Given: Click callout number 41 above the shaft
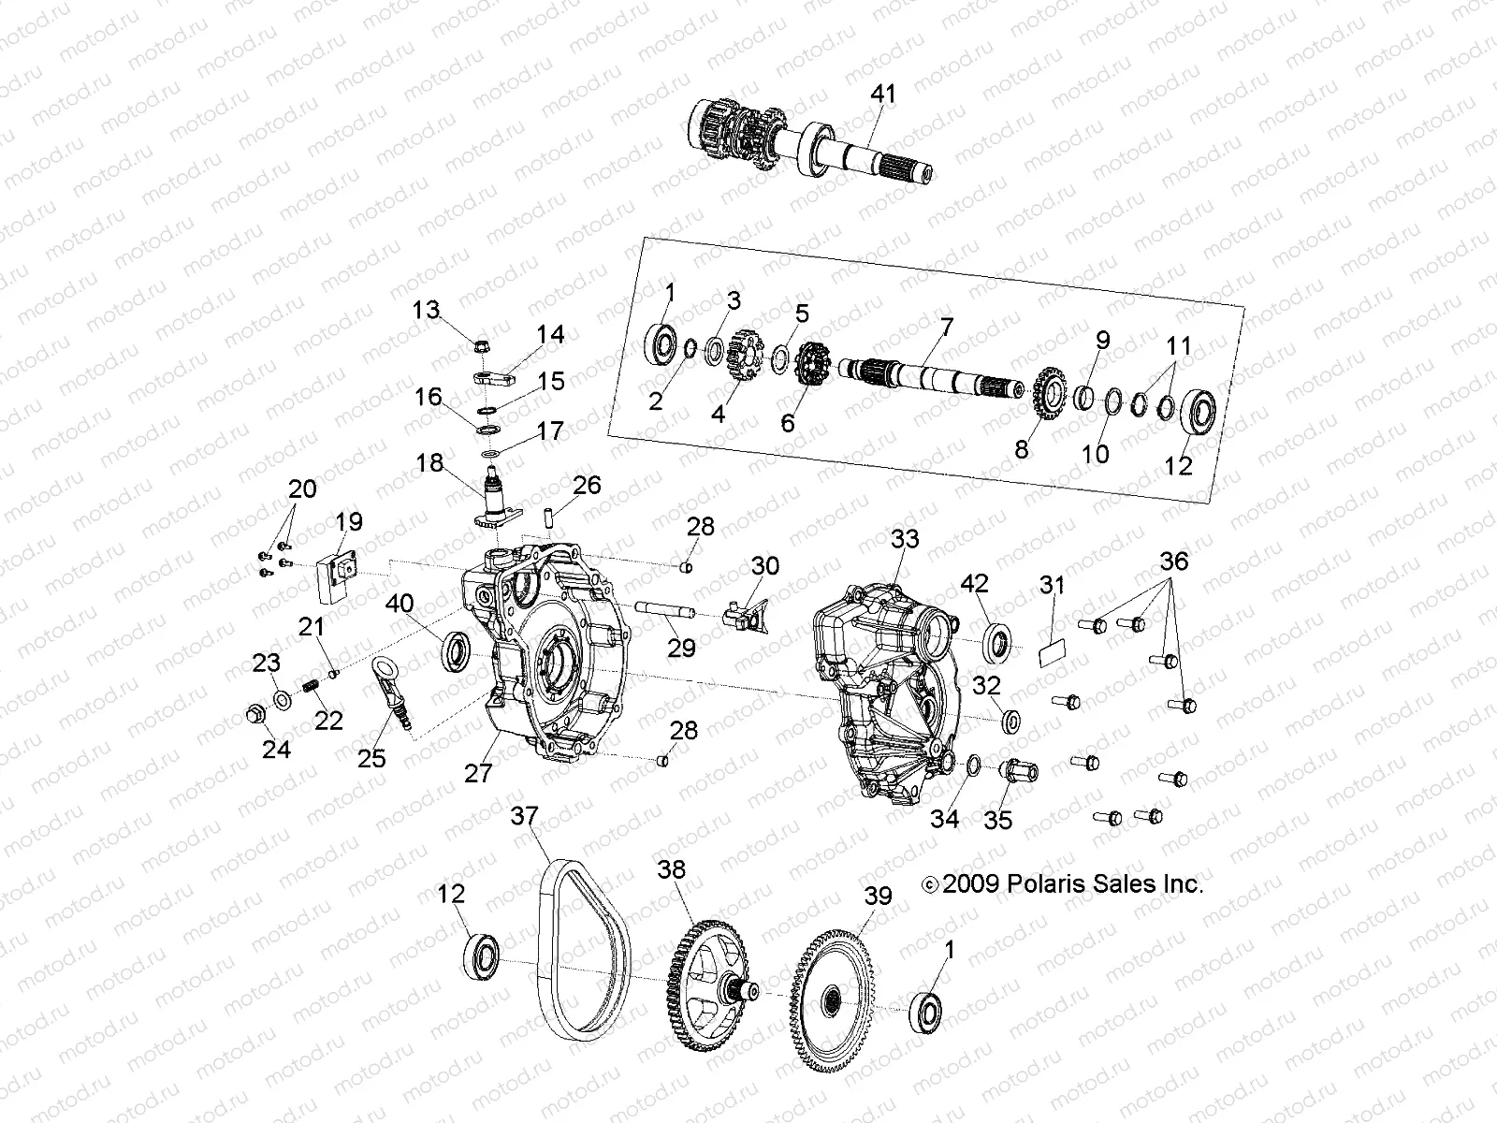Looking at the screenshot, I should (x=883, y=94).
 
